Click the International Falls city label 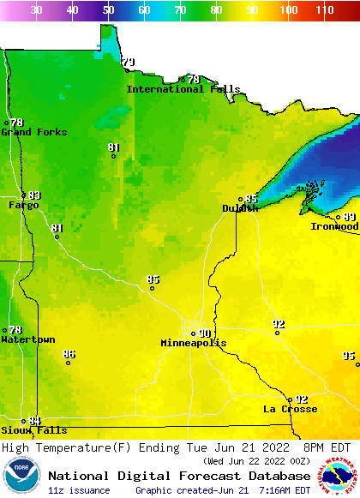tap(183, 89)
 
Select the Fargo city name tap(23, 205)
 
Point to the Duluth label tap(239, 208)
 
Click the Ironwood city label tap(334, 226)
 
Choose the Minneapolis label tap(194, 343)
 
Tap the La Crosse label tap(290, 409)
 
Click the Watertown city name tap(27, 339)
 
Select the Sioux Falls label tap(21, 430)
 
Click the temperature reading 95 tap(348, 356)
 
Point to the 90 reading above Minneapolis tap(204, 333)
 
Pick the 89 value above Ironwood tap(349, 217)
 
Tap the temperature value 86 tap(69, 354)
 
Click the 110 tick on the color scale tap(324, 10)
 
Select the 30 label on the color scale tap(37, 10)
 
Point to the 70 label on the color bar tap(180, 10)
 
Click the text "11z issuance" tap(79, 490)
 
